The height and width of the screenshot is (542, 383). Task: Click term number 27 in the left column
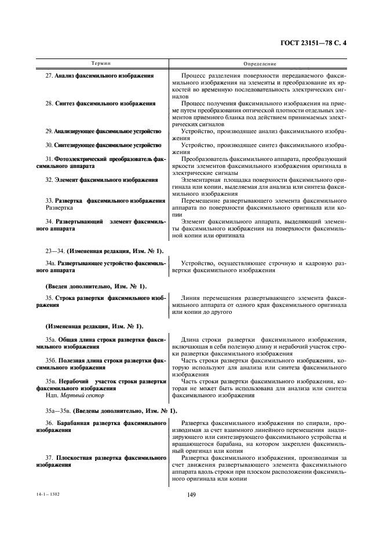tap(49, 76)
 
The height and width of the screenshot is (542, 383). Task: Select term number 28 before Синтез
tap(49, 103)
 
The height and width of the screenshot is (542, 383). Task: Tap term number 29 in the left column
tap(49, 131)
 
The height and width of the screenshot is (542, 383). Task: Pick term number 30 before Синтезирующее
tap(49, 144)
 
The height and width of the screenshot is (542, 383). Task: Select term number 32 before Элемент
tap(49, 180)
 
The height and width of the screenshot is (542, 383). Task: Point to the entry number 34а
tap(50, 263)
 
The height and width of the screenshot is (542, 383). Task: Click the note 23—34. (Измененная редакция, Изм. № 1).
tap(104, 250)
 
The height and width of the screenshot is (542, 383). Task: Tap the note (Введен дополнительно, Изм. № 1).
tap(96, 285)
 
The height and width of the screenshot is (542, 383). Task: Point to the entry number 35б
tap(50, 360)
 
